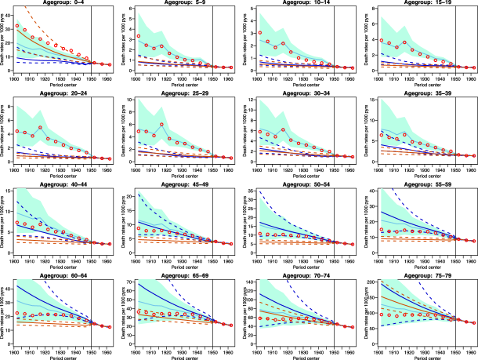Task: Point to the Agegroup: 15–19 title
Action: (429, 3)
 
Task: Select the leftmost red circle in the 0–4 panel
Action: (17, 27)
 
